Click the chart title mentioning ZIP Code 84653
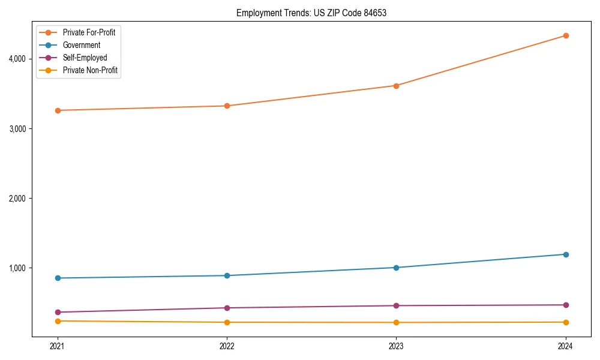(x=311, y=13)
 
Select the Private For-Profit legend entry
(x=89, y=32)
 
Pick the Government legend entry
(x=82, y=45)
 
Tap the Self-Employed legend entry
(x=85, y=58)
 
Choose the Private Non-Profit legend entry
(x=90, y=70)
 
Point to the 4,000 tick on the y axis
(x=16, y=59)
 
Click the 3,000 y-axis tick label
(x=16, y=128)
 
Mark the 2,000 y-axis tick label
(x=16, y=198)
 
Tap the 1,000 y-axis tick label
(x=16, y=268)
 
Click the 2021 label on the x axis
(x=58, y=346)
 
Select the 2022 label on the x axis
(x=227, y=346)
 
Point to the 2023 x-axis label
(x=396, y=346)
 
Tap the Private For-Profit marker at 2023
(x=396, y=85)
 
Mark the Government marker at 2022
(x=227, y=275)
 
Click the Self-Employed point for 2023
(x=396, y=305)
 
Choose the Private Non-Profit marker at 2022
(x=227, y=322)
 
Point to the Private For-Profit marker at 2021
(x=58, y=110)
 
